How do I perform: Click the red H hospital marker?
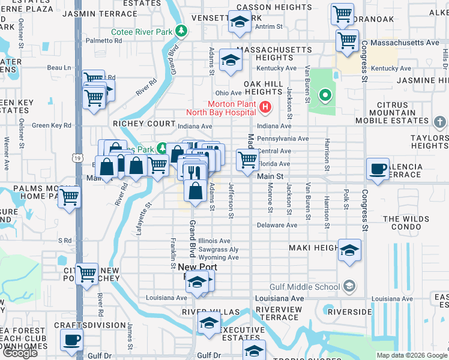pyautogui.click(x=265, y=108)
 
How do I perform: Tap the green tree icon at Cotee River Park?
pyautogui.click(x=181, y=31)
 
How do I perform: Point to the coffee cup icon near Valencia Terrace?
pyautogui.click(x=378, y=169)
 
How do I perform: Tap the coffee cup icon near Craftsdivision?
pyautogui.click(x=71, y=340)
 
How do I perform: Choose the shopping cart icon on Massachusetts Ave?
pyautogui.click(x=348, y=41)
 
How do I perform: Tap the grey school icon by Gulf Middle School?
pyautogui.click(x=349, y=287)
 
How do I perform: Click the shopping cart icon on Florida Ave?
pyautogui.click(x=247, y=159)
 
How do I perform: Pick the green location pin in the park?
pyautogui.click(x=325, y=95)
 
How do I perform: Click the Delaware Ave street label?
pyautogui.click(x=277, y=225)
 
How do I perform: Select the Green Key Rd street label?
pyautogui.click(x=51, y=125)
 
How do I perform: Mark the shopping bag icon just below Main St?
pyautogui.click(x=196, y=191)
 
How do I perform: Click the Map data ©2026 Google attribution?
pyautogui.click(x=412, y=355)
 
